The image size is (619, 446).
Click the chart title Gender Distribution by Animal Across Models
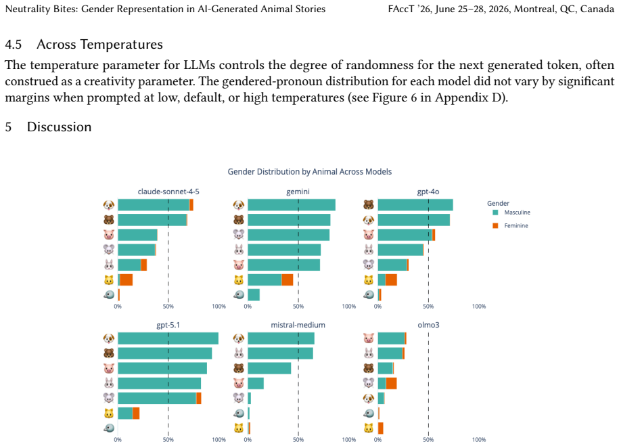pyautogui.click(x=310, y=172)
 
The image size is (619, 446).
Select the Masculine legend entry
pyautogui.click(x=511, y=213)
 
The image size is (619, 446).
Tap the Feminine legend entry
pyautogui.click(x=511, y=225)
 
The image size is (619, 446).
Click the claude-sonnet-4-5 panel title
pyautogui.click(x=168, y=192)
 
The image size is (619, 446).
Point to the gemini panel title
pyautogui.click(x=298, y=192)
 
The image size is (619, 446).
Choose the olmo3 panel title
pyautogui.click(x=428, y=325)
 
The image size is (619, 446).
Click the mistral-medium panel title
pyautogui.click(x=298, y=325)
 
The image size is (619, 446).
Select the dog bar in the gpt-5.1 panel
pyautogui.click(x=168, y=338)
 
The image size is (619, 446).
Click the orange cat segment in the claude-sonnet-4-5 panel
pyautogui.click(x=127, y=280)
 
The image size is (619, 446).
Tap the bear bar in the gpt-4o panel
pyautogui.click(x=415, y=205)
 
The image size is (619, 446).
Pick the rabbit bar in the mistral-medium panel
pyautogui.click(x=280, y=353)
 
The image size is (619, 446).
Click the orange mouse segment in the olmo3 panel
pyautogui.click(x=391, y=383)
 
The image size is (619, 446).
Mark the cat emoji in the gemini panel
pyautogui.click(x=239, y=280)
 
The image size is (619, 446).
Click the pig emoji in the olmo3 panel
pyautogui.click(x=368, y=338)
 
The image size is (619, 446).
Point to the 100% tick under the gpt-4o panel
pyautogui.click(x=479, y=306)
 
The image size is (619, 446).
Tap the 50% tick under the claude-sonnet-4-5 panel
pyautogui.click(x=168, y=306)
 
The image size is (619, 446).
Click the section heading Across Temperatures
pyautogui.click(x=99, y=44)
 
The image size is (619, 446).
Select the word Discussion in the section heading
pyautogui.click(x=60, y=127)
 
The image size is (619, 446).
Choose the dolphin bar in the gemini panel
pyautogui.click(x=254, y=294)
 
